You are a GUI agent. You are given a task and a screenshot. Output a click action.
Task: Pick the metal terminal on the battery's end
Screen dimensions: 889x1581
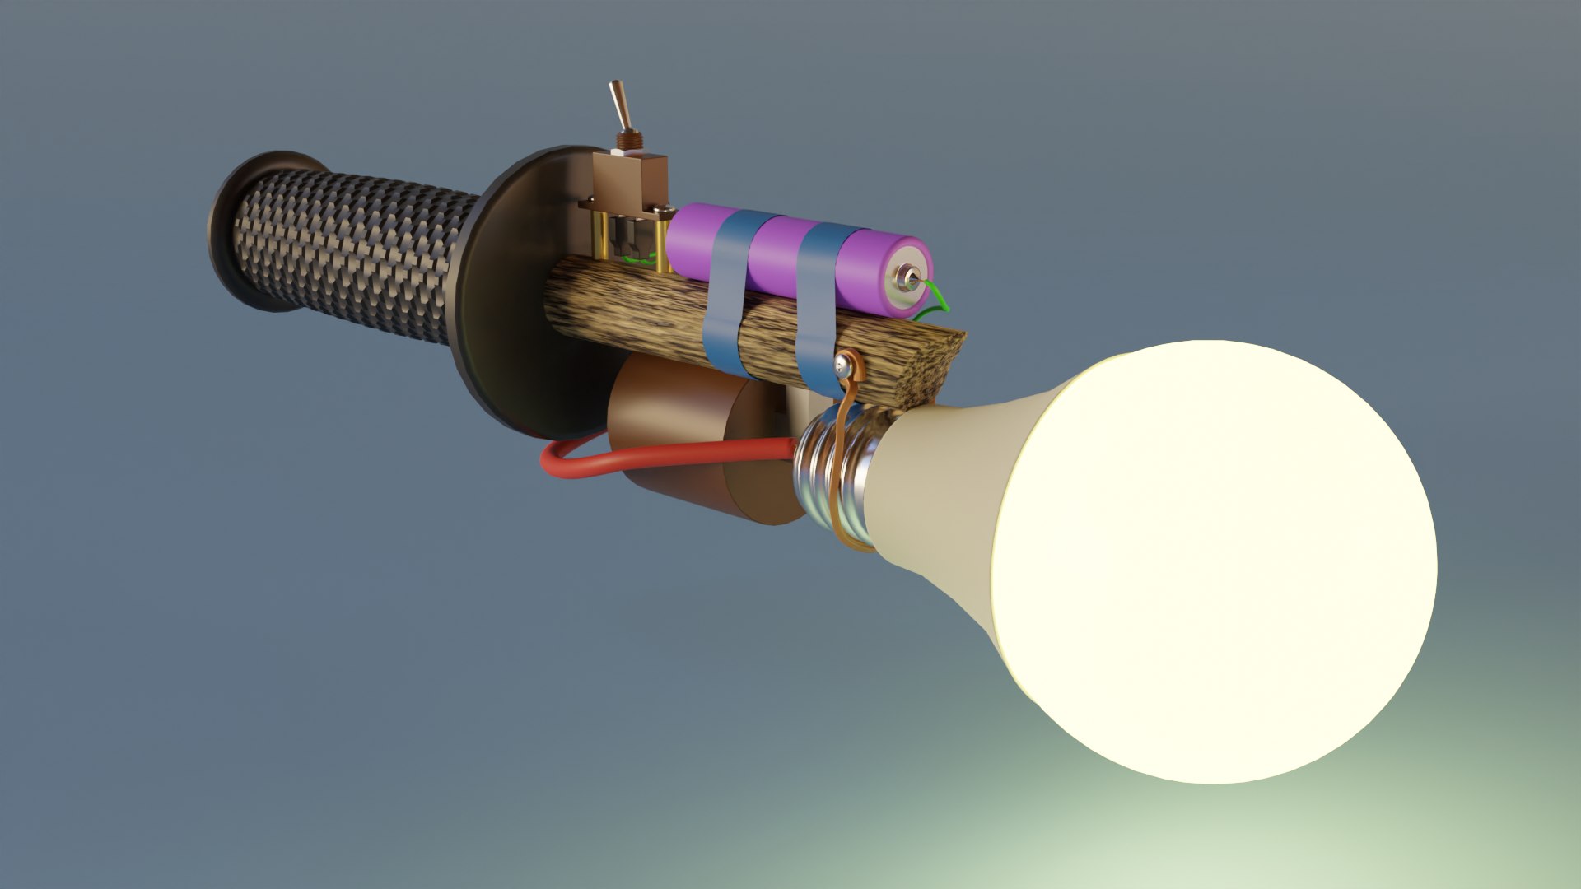pos(908,278)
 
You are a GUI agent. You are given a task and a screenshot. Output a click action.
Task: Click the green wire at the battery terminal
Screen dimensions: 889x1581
pos(938,298)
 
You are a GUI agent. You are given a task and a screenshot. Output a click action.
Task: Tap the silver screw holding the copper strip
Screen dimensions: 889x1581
pos(843,362)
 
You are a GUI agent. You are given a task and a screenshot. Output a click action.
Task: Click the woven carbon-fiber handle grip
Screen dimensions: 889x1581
pos(346,247)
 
